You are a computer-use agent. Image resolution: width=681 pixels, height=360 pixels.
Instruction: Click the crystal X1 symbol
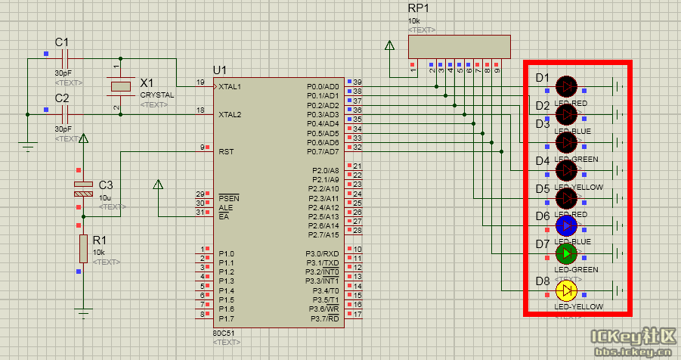click(121, 86)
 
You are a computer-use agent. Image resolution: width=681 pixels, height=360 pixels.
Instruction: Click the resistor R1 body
click(82, 249)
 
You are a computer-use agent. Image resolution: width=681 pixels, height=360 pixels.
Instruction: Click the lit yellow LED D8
click(566, 290)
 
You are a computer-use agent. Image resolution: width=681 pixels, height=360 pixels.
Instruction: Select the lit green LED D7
click(566, 253)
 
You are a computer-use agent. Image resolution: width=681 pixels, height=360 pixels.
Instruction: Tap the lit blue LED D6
click(566, 225)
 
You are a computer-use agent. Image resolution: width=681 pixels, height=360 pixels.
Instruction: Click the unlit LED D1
click(566, 86)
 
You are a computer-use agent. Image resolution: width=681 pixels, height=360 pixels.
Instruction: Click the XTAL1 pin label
click(230, 87)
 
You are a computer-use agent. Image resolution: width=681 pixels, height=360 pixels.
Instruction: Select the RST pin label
click(226, 151)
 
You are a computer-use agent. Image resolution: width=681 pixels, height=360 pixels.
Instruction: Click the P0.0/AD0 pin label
click(323, 87)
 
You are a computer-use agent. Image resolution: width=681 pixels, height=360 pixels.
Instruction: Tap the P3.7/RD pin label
click(325, 318)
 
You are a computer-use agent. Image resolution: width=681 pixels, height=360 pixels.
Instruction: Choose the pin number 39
click(358, 82)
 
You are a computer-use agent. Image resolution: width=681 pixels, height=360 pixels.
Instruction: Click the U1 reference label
click(220, 70)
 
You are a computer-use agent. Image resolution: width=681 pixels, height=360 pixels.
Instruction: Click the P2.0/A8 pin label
click(325, 170)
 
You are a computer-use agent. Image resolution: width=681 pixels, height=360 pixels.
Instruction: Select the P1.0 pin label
click(227, 253)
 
